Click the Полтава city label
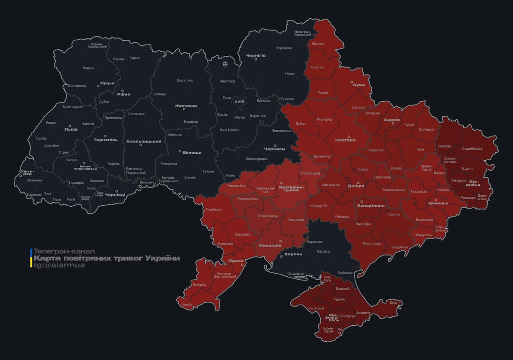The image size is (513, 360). point(345,140)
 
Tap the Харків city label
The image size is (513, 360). point(392,120)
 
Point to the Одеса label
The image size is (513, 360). point(235,261)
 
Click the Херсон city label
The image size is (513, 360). point(293,254)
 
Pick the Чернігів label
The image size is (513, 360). point(256,55)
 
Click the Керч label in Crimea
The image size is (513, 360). point(393,303)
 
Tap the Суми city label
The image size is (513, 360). point(359,85)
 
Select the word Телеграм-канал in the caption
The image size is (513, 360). point(64,251)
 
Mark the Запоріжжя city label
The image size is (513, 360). point(370,205)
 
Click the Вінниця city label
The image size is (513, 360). point(192,152)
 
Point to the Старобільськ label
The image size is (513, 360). point(472,149)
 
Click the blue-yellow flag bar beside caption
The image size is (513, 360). point(31,258)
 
